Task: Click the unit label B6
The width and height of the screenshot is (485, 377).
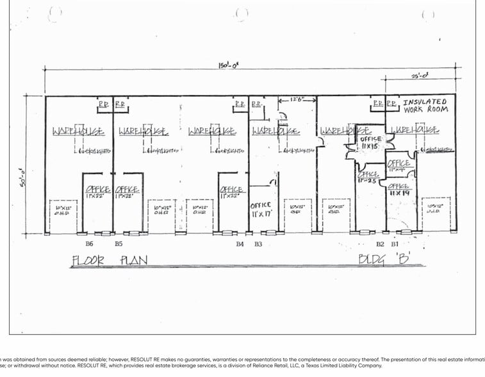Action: click(90, 244)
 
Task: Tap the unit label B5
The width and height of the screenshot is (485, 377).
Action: click(119, 244)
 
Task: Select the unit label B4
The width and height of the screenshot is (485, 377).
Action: click(240, 244)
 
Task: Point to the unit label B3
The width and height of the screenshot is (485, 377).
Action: click(258, 244)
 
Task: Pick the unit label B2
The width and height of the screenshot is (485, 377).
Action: click(380, 244)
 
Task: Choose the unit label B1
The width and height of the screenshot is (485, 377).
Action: click(395, 244)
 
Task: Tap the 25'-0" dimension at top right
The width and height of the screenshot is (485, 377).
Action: click(420, 76)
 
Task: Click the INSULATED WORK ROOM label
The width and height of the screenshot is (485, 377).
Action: click(425, 105)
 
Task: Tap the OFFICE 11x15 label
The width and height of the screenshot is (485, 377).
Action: click(370, 142)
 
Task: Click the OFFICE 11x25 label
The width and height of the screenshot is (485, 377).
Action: click(369, 176)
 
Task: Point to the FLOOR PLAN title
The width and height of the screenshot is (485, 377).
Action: click(110, 260)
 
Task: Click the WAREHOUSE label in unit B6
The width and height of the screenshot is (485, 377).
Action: click(78, 131)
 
